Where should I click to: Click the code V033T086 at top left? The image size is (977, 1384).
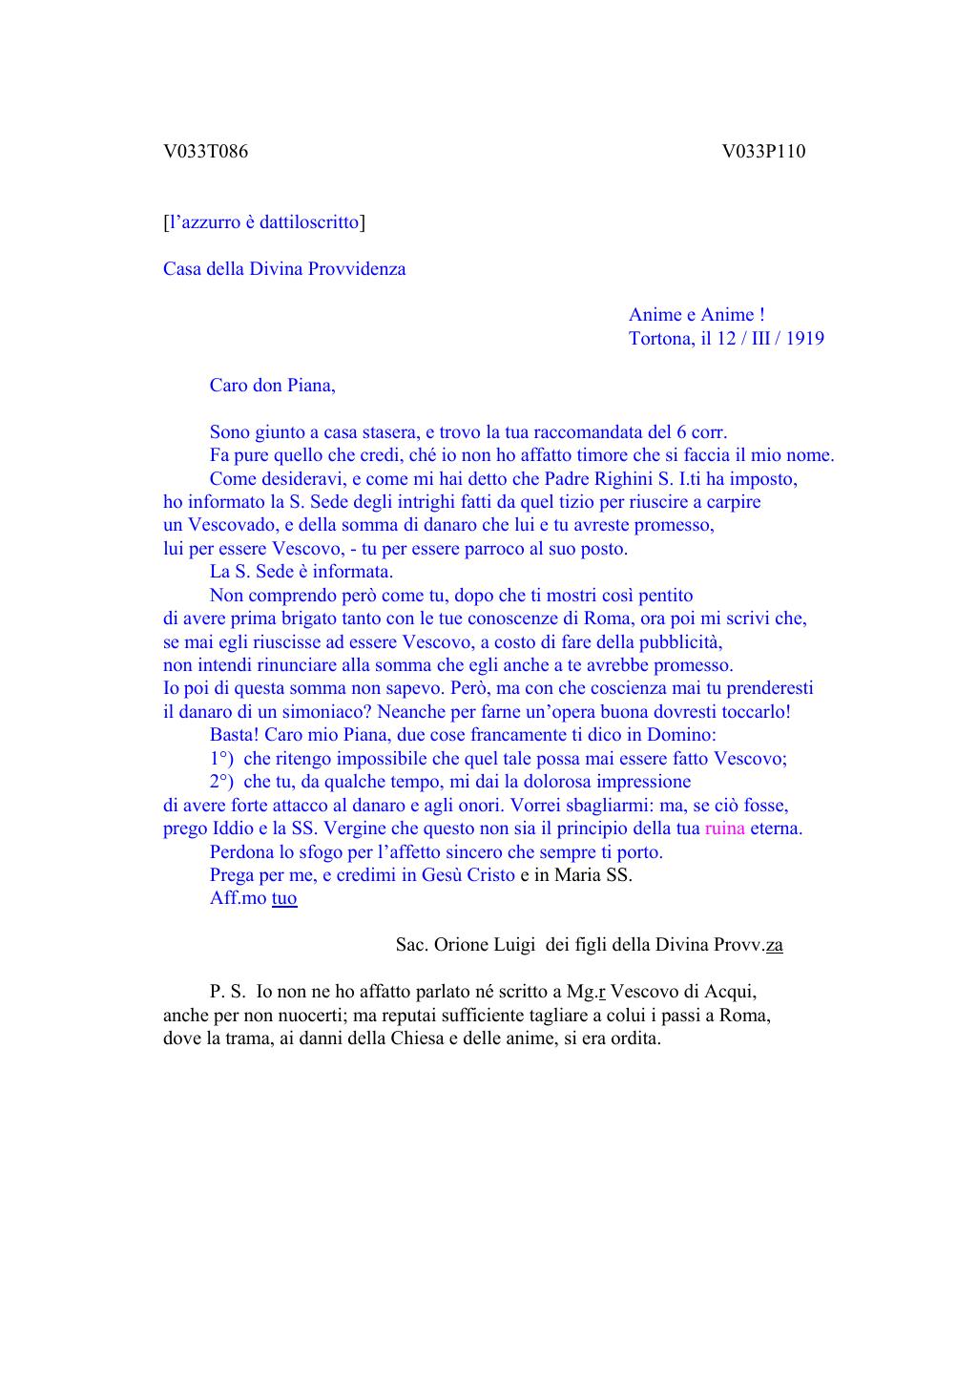[205, 151]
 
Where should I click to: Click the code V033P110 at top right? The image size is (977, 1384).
[763, 151]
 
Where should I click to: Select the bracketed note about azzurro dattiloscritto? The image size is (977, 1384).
[264, 222]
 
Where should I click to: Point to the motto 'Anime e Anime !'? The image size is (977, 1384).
[696, 315]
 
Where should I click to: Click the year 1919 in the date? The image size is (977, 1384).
[803, 338]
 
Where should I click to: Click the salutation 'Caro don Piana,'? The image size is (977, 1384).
[273, 386]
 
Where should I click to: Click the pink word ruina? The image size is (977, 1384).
[725, 828]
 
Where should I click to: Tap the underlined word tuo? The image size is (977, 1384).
[284, 898]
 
